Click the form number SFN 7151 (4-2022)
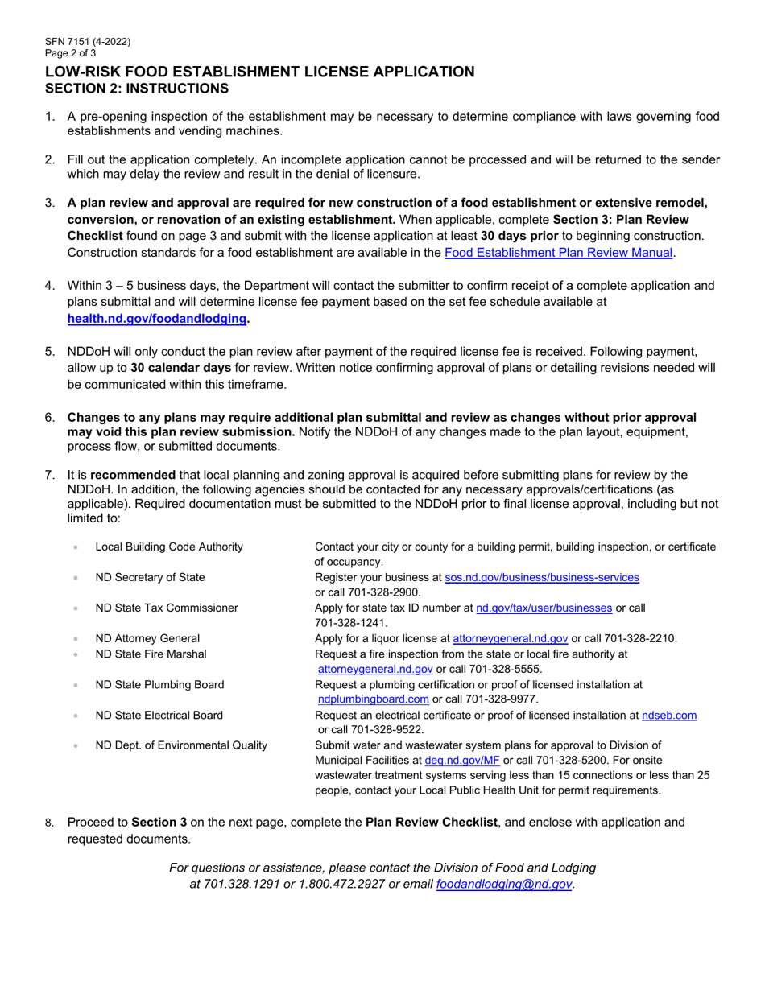[88, 42]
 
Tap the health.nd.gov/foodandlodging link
[157, 319]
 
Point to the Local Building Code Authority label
[168, 547]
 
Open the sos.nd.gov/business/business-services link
[542, 577]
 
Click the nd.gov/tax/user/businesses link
[544, 608]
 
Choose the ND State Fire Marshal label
[151, 654]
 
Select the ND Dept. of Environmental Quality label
[181, 745]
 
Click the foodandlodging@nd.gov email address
[503, 884]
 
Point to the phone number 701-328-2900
[367, 592]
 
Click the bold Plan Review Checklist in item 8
[432, 822]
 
